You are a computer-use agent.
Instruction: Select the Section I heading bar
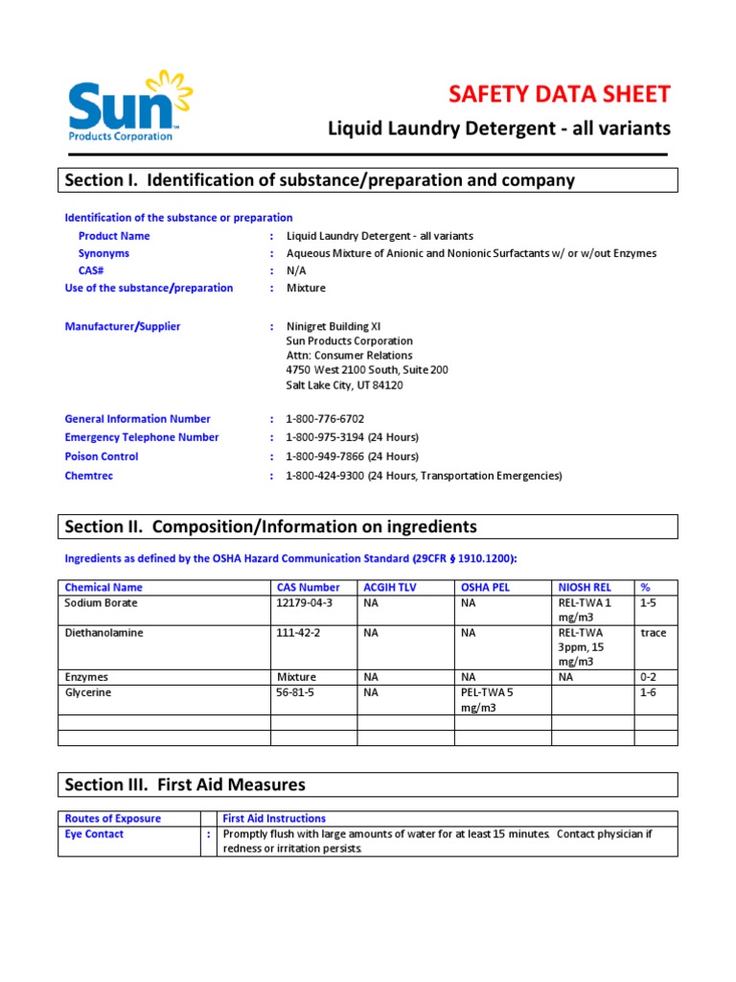point(368,180)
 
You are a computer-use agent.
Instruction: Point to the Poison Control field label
point(102,456)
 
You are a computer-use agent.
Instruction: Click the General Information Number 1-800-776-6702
point(325,419)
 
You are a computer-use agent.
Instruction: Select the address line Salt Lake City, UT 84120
point(344,386)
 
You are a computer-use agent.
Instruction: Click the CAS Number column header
point(308,587)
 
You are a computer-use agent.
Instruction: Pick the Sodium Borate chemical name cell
point(101,603)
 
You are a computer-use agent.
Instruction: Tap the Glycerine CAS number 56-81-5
point(296,692)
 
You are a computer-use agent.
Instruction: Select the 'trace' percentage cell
point(653,633)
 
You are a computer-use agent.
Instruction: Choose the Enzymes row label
point(86,676)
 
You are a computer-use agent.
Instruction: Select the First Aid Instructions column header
point(274,818)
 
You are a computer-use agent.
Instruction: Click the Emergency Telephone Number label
point(142,437)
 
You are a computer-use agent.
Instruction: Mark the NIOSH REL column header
point(584,587)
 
